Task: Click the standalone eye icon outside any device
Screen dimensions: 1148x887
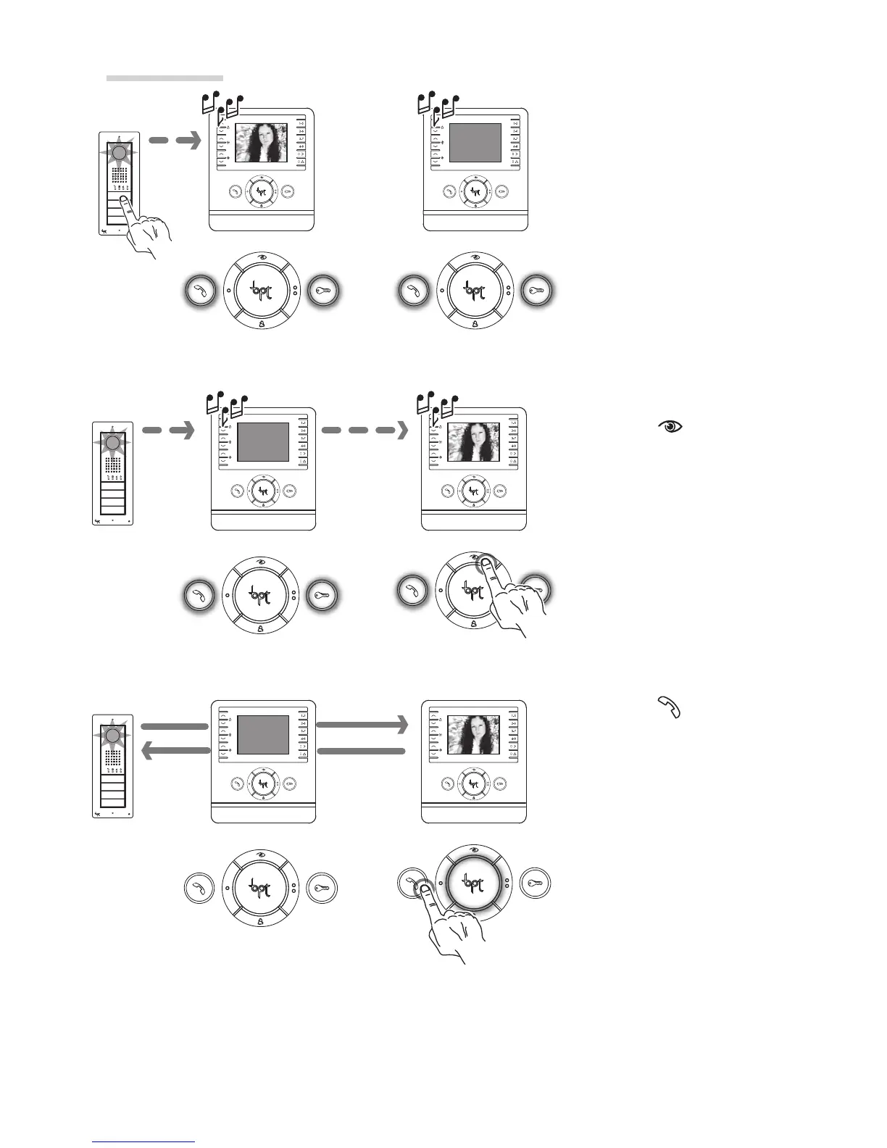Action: (x=670, y=427)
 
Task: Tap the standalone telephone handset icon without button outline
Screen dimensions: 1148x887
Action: (x=670, y=707)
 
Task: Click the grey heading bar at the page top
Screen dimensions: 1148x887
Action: (x=165, y=78)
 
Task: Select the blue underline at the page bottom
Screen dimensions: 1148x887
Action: (x=143, y=1141)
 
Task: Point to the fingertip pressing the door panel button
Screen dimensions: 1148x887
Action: (x=125, y=202)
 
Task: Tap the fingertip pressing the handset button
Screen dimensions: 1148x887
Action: (x=422, y=887)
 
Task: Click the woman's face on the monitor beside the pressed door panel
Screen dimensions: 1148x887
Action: (x=262, y=139)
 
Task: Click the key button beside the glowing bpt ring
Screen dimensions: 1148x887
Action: (x=536, y=883)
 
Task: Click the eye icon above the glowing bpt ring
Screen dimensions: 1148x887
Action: (x=474, y=850)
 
